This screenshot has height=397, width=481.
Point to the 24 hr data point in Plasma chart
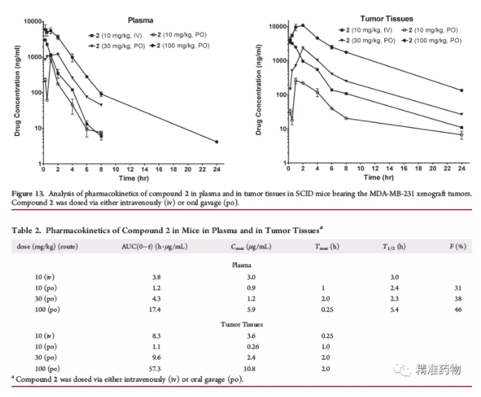(217, 142)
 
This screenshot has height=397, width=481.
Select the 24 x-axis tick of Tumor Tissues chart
(461, 169)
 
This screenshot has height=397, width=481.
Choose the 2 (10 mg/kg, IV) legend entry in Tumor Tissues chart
(366, 31)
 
